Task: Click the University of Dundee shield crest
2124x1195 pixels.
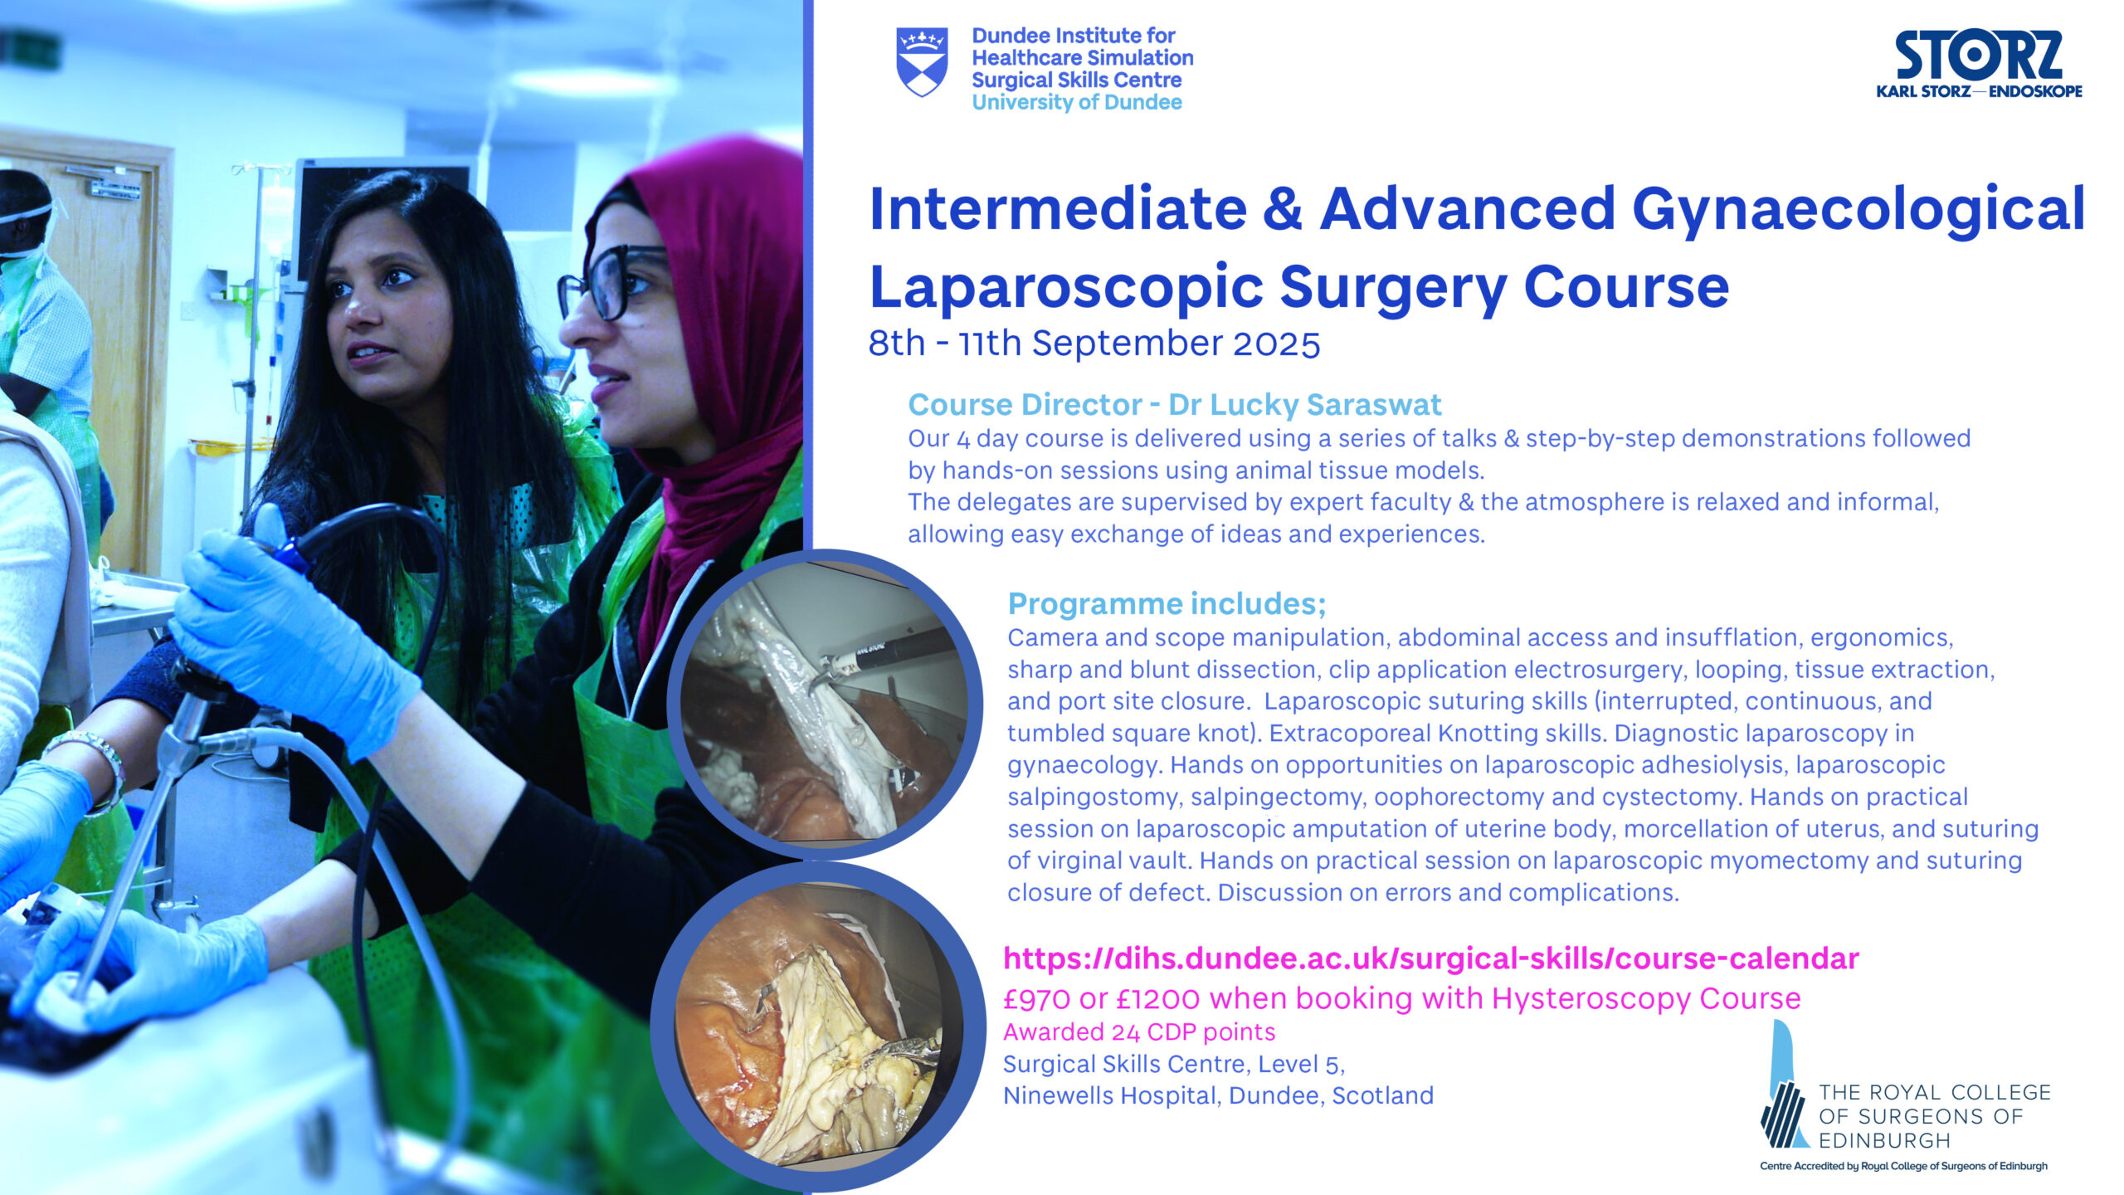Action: (x=922, y=61)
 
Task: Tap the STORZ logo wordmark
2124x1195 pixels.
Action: (x=1979, y=56)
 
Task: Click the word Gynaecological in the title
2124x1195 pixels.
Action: (x=1858, y=209)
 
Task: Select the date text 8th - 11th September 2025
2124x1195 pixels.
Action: (x=1094, y=344)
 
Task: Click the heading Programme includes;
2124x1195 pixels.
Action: (x=1167, y=604)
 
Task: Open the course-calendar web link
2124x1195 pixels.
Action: (x=1430, y=958)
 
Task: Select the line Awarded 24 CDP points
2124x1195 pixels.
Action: (x=1138, y=1032)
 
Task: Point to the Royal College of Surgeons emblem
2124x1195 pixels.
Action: (x=1785, y=1087)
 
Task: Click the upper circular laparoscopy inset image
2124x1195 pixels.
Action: (x=824, y=704)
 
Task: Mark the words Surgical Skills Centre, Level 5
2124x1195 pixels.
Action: (x=1173, y=1064)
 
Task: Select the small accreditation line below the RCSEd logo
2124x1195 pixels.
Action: (x=1903, y=1167)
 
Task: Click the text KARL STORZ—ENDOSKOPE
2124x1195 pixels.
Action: (x=1979, y=91)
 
